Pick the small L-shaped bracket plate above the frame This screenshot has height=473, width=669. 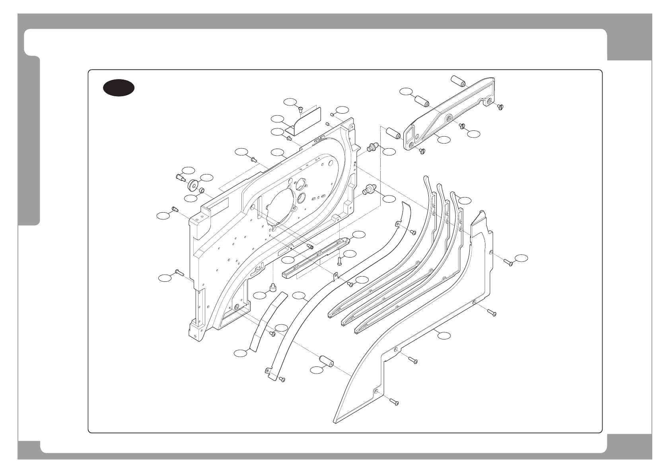(x=305, y=121)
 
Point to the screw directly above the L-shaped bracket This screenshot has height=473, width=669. (x=301, y=107)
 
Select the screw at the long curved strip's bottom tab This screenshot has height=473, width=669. (x=282, y=379)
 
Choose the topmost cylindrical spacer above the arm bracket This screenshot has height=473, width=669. (x=459, y=81)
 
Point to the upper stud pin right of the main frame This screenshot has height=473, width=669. (x=372, y=149)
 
